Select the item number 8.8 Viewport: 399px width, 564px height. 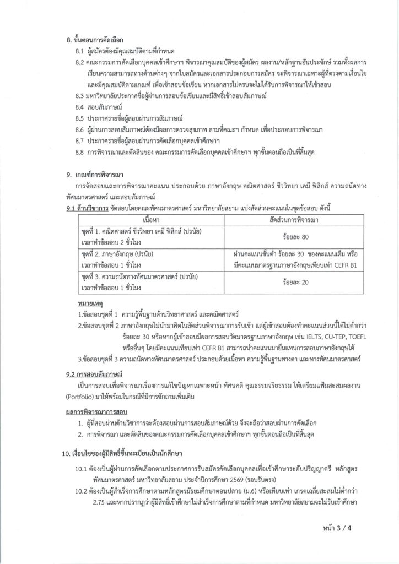coord(82,151)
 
